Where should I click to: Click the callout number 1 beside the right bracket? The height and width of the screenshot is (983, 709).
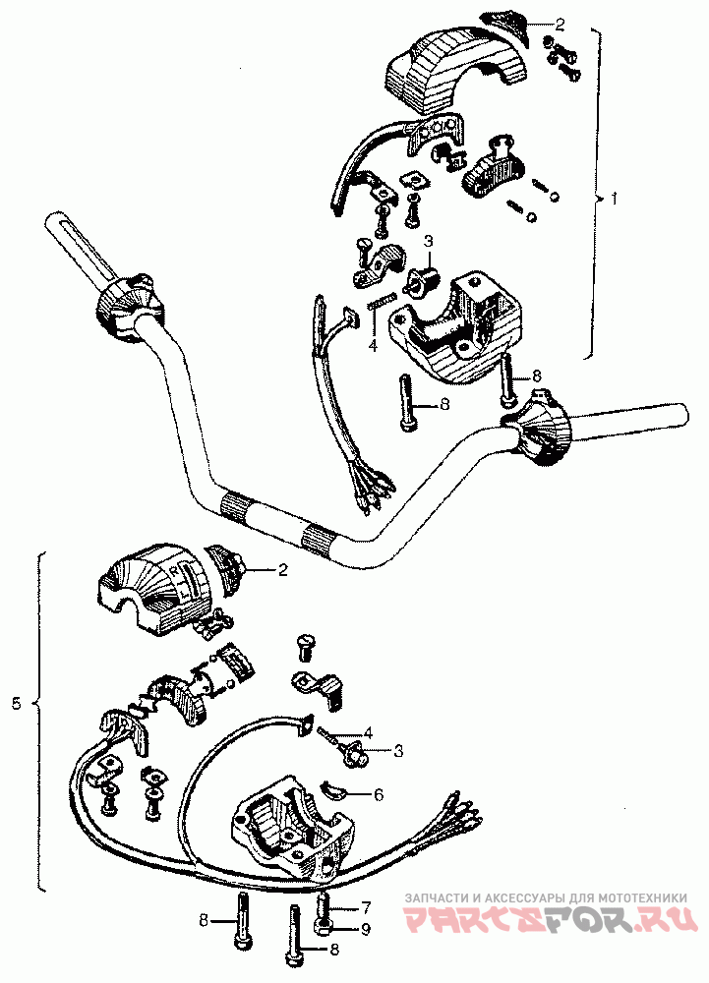pyautogui.click(x=615, y=198)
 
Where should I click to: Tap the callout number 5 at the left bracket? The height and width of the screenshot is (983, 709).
pyautogui.click(x=16, y=704)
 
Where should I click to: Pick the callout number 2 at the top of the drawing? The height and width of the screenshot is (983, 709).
pyautogui.click(x=560, y=23)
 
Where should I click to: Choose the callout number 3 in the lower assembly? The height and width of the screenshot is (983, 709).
pyautogui.click(x=399, y=752)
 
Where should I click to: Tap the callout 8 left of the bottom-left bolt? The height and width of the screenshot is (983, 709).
pyautogui.click(x=204, y=920)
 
